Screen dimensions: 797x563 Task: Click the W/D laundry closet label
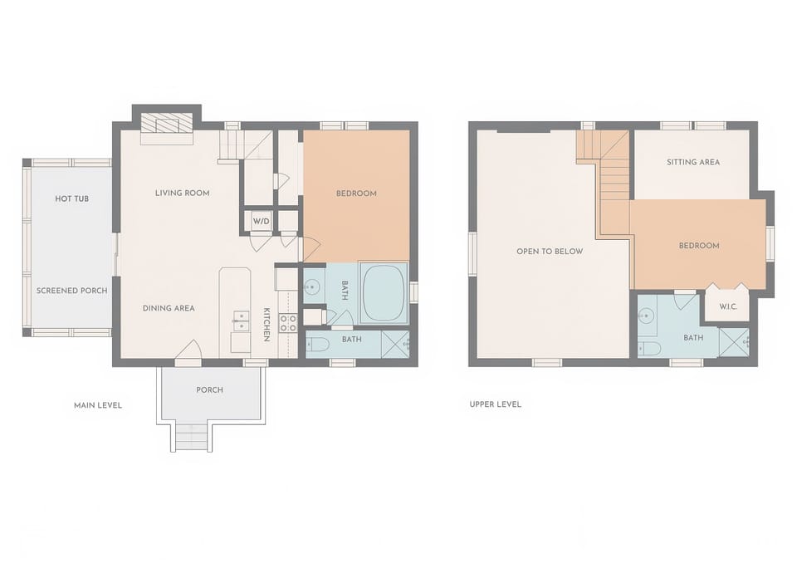click(262, 221)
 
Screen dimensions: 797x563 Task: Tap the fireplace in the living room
click(167, 123)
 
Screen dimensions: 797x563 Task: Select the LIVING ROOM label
click(183, 193)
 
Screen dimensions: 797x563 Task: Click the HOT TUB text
click(71, 198)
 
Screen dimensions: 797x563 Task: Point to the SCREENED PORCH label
click(71, 291)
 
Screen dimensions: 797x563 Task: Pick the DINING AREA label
click(169, 308)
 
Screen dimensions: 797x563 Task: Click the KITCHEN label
click(266, 325)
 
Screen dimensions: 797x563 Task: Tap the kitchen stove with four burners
click(288, 324)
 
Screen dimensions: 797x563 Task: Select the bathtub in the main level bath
click(384, 293)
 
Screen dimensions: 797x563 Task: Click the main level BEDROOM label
click(356, 193)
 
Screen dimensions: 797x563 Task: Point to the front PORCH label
click(209, 389)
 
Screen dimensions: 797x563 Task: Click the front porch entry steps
click(191, 438)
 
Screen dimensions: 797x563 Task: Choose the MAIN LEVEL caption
click(98, 405)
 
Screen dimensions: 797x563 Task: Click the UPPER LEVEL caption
click(496, 404)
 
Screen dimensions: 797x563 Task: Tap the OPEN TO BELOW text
click(550, 251)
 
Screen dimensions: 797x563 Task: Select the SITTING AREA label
click(693, 162)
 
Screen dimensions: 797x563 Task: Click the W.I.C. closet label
click(728, 306)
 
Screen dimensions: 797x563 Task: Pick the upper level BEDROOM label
click(699, 245)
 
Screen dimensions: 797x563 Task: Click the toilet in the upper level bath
click(649, 349)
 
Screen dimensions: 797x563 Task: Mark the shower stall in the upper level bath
click(734, 343)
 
